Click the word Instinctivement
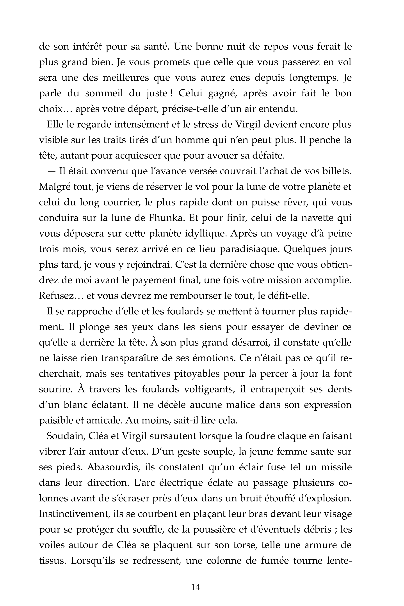coord(74,514)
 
